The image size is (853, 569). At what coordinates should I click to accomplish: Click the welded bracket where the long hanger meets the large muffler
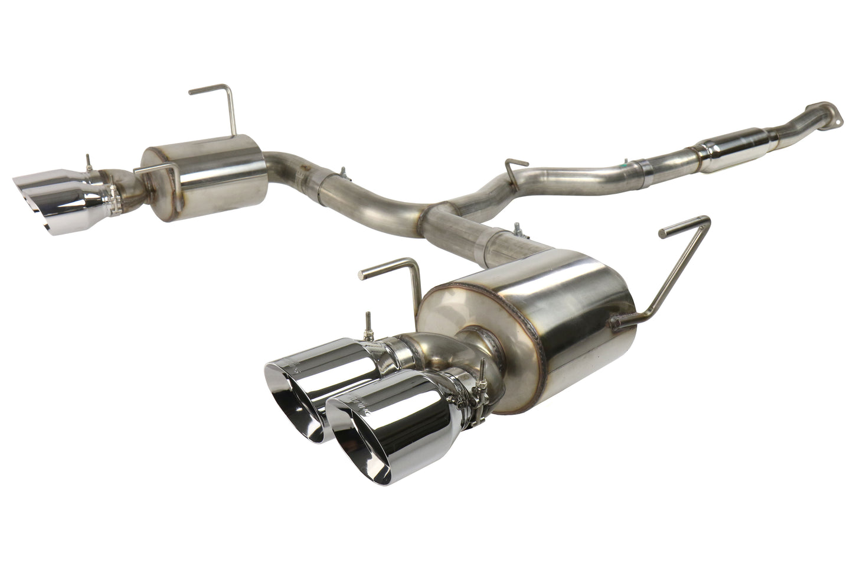click(x=617, y=322)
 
